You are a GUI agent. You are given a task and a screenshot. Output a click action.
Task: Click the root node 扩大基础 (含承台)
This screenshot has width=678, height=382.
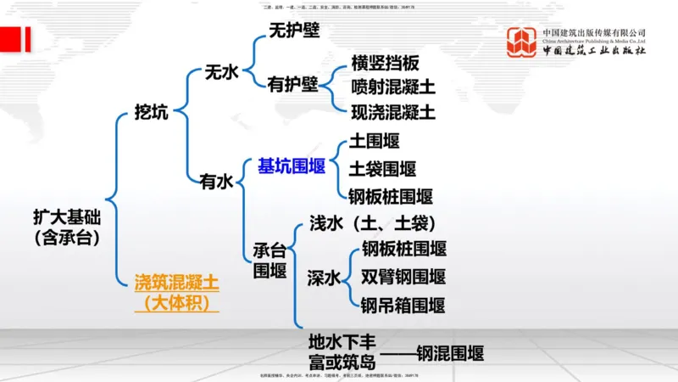(x=67, y=228)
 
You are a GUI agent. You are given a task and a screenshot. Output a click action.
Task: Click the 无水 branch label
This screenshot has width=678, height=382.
(x=223, y=72)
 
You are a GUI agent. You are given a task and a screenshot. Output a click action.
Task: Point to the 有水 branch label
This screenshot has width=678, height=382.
(x=216, y=181)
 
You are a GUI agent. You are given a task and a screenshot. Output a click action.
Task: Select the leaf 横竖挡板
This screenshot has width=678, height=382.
(x=385, y=65)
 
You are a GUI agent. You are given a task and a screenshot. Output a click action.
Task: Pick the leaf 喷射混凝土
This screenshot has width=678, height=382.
(x=393, y=87)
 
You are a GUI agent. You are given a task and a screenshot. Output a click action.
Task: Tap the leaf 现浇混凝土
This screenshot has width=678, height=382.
(x=393, y=112)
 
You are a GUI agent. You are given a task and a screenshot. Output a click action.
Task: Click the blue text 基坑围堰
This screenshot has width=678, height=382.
(x=292, y=166)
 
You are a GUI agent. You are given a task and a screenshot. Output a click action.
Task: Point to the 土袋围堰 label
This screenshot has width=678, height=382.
(x=383, y=169)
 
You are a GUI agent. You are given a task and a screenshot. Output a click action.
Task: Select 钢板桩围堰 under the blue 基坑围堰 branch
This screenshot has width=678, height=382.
(x=391, y=197)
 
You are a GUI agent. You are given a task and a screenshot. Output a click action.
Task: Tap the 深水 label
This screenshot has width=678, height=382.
(x=324, y=278)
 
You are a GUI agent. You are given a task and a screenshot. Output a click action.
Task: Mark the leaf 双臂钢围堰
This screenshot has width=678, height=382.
(x=403, y=277)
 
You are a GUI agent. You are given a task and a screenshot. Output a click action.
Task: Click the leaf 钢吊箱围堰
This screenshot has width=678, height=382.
(x=403, y=305)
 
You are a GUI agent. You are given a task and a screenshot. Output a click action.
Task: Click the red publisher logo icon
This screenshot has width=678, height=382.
(x=522, y=42)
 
